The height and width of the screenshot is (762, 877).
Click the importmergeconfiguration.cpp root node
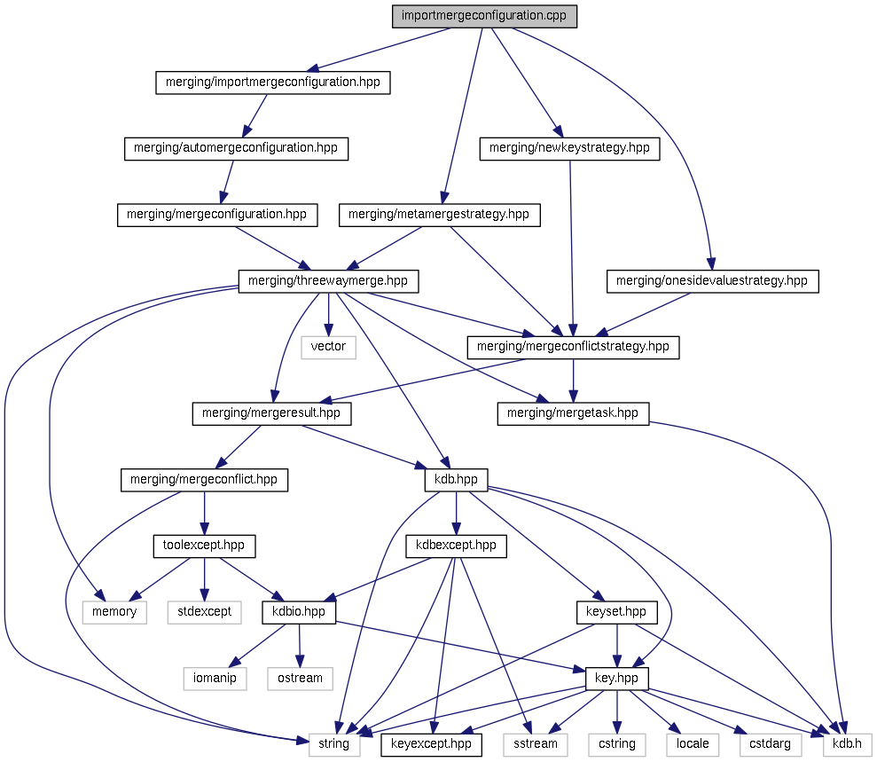[484, 17]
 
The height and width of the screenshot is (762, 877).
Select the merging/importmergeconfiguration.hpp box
[272, 82]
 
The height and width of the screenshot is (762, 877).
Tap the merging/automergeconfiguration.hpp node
[235, 148]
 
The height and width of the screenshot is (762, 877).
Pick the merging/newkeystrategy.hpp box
[569, 148]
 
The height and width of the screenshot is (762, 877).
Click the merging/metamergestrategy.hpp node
[439, 215]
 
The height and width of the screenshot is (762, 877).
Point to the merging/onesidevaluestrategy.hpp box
[712, 281]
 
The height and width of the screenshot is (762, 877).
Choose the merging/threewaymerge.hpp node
[328, 281]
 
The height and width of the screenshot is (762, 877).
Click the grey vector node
[328, 347]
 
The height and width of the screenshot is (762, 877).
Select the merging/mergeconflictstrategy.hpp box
[573, 347]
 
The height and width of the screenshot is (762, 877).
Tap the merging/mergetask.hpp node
[573, 413]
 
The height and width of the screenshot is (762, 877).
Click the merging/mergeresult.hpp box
[271, 413]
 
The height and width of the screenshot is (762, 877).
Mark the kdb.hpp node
[456, 480]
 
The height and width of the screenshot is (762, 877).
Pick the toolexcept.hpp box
[204, 546]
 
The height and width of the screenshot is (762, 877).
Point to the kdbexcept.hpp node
[456, 546]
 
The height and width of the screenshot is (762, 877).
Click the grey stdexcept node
[204, 612]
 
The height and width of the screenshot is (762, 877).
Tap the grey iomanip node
[215, 679]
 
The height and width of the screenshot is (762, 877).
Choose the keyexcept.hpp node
[431, 744]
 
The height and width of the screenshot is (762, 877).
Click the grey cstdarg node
[765, 744]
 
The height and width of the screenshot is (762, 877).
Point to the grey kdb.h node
[847, 744]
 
